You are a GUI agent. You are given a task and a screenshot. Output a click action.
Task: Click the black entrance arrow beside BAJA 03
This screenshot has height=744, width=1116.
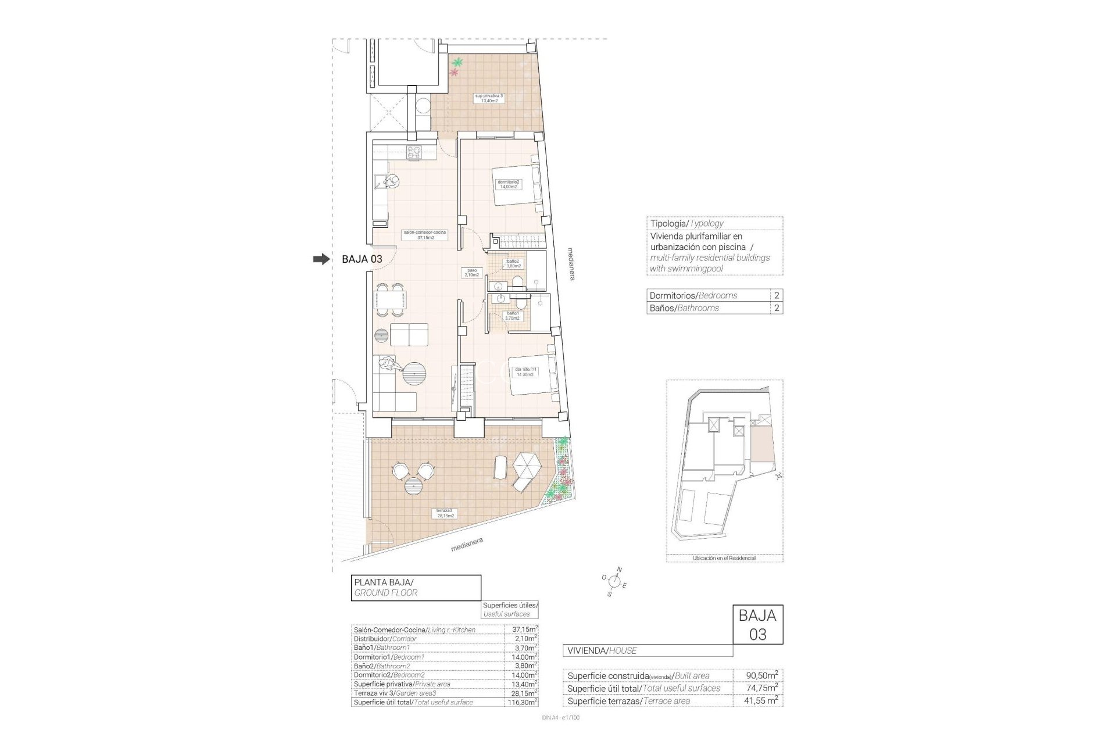[320, 259]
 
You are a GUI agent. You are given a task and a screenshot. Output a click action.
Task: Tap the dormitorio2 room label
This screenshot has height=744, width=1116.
[509, 184]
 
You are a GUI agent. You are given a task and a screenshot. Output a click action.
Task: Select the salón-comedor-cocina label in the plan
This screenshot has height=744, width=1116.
[425, 234]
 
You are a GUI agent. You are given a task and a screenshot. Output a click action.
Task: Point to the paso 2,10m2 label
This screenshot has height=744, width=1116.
[471, 273]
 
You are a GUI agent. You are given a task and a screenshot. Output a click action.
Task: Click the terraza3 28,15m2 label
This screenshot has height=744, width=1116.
[446, 513]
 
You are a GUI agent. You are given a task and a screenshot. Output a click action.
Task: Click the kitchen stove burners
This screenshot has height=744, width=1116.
[413, 153]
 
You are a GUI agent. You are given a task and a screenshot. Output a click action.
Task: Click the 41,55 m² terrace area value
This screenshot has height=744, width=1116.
[762, 701]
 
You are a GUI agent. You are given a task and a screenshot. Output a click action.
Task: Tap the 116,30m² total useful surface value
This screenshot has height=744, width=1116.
[520, 702]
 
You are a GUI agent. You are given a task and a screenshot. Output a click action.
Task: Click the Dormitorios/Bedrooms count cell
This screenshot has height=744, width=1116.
[777, 295]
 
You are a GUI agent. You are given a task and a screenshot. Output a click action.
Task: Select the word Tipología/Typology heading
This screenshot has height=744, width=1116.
[686, 223]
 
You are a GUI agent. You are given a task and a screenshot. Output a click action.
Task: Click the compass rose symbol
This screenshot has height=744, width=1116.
[614, 581]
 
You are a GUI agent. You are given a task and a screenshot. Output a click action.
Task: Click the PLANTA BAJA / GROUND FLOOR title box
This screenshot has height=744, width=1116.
[416, 587]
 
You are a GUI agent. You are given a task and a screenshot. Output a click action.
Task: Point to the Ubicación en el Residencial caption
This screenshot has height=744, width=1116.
[724, 558]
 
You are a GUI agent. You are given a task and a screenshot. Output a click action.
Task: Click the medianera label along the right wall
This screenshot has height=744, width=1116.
[571, 264]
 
